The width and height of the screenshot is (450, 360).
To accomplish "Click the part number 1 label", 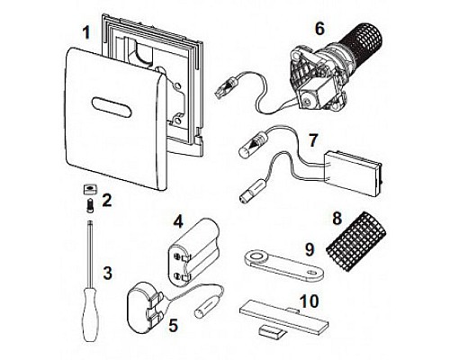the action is (x=86, y=32).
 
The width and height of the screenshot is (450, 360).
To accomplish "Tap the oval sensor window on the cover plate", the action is (x=112, y=107).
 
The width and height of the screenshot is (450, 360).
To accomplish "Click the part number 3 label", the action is (x=107, y=274).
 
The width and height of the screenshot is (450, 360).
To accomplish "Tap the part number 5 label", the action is (x=173, y=325).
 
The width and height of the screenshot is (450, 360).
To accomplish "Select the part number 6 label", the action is (x=320, y=29).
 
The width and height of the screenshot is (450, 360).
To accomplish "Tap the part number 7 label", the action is (x=312, y=140).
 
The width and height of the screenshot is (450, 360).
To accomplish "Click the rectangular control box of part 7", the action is (x=355, y=173).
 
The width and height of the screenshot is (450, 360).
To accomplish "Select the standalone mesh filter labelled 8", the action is (x=356, y=245).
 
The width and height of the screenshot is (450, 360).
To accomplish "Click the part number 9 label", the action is (x=310, y=249).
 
